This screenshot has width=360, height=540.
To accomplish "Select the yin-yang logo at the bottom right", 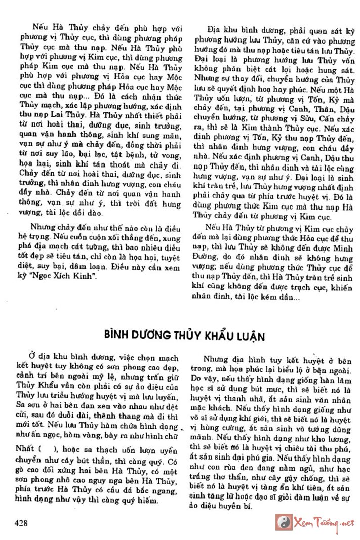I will pyautogui.click(x=283, y=522).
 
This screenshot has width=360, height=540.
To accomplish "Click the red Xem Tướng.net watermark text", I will pyautogui.click(x=322, y=523).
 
